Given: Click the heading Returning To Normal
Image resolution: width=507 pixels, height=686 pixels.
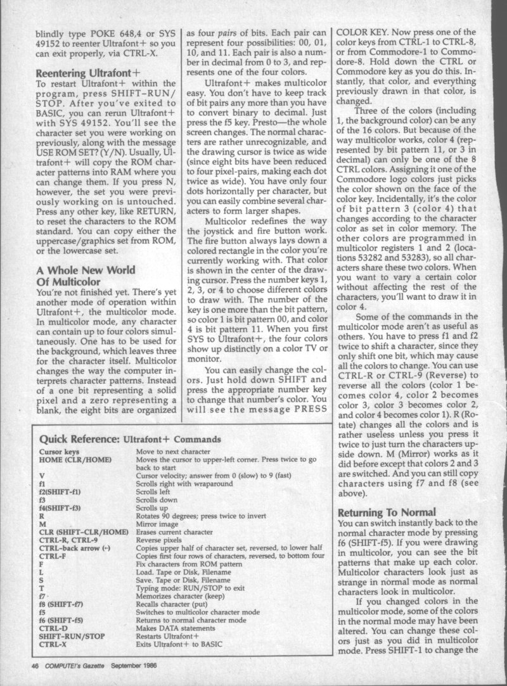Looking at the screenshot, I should coord(387,511).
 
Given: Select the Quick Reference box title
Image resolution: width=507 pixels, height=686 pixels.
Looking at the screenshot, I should coord(130,438).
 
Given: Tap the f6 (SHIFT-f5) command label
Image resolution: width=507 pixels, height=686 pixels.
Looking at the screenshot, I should coord(65,617).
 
